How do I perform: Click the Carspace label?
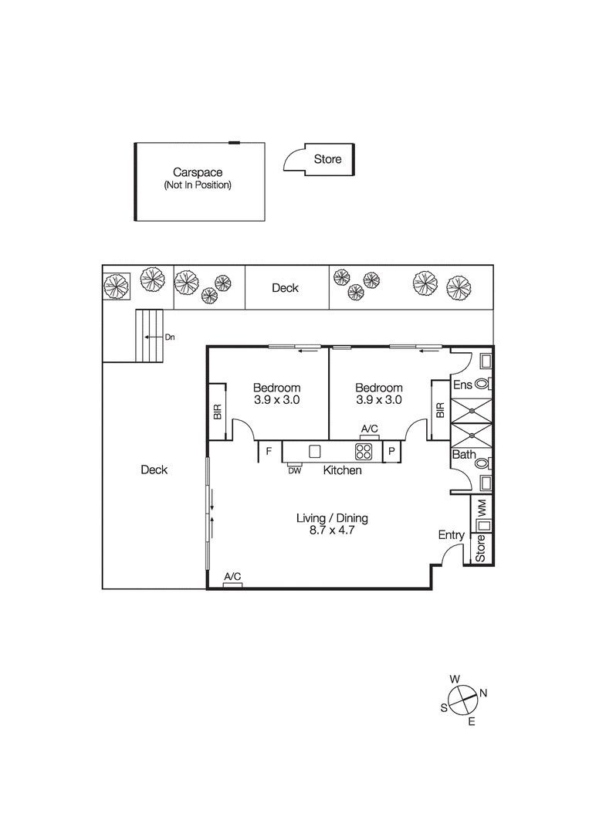pos(197,172)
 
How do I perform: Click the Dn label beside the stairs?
pos(170,337)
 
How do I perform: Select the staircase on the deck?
pos(149,336)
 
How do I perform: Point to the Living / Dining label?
pos(332,518)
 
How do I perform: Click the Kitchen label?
pos(342,470)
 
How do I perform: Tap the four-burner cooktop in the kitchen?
pos(364,452)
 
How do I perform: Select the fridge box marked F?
pos(269,452)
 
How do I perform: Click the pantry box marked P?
pos(392,452)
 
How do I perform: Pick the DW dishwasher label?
pos(294,471)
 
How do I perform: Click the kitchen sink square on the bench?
pos(315,451)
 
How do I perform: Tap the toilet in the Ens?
pos(484,383)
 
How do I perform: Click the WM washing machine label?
pos(482,509)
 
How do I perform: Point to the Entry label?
pos(452,535)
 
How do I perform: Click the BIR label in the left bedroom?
pos(218,411)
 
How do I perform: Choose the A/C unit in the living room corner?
pos(233,585)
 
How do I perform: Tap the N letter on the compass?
pos(483,693)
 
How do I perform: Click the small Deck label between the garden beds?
pos(286,288)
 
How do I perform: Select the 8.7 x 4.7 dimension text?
pos(332,531)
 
